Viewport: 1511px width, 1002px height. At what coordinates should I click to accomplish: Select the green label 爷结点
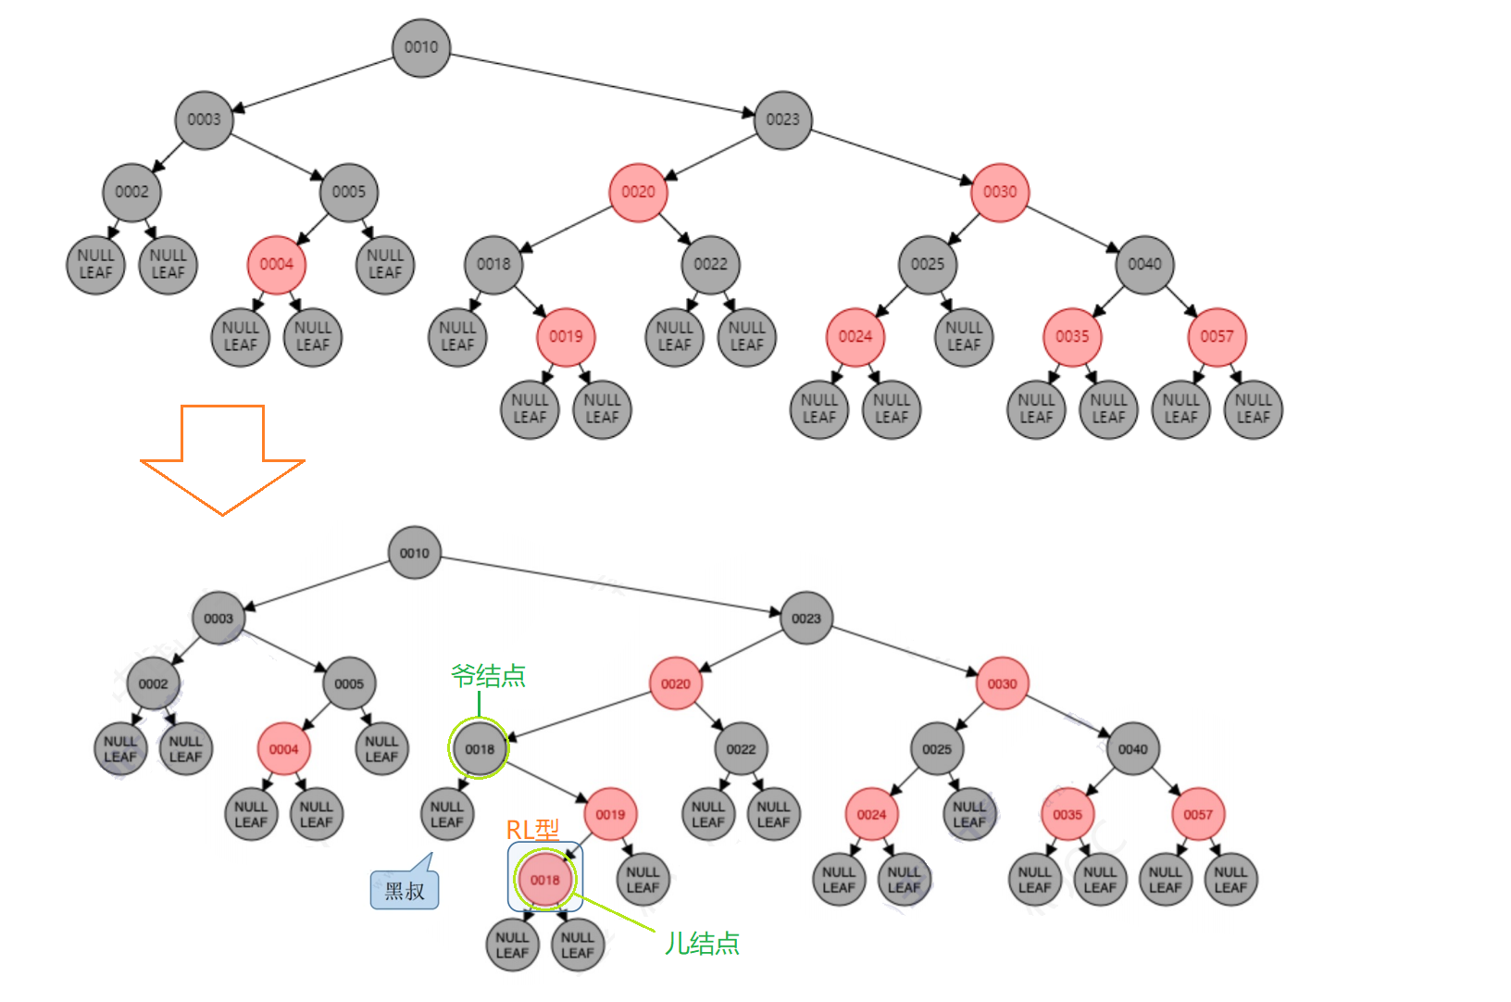tap(488, 676)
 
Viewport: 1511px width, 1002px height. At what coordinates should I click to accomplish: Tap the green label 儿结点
tap(702, 944)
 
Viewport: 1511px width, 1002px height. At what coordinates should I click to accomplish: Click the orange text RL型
tap(532, 830)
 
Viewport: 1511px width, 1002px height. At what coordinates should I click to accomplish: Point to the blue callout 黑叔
tap(405, 890)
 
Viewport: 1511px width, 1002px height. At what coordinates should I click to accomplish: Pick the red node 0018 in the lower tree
tap(545, 880)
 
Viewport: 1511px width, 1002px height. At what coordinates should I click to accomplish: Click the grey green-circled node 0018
tap(480, 749)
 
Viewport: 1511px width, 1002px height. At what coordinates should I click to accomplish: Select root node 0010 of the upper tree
tap(421, 47)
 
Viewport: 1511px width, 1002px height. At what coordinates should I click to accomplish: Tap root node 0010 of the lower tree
tap(415, 553)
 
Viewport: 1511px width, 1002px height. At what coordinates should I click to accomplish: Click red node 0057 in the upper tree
tap(1217, 336)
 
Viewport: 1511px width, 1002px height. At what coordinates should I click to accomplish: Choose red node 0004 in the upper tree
tap(276, 264)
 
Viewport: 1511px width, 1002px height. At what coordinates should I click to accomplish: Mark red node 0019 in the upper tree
tap(566, 336)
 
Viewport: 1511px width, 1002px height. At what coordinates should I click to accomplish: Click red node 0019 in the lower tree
tap(610, 815)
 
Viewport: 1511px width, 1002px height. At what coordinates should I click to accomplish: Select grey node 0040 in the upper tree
tap(1144, 264)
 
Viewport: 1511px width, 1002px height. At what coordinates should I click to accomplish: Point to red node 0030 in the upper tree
tap(1000, 192)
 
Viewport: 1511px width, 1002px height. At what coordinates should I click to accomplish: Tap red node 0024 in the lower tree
tap(871, 815)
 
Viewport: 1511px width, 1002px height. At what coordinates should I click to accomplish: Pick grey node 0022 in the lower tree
tap(741, 749)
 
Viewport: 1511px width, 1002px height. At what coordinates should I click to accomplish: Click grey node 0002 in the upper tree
tap(131, 192)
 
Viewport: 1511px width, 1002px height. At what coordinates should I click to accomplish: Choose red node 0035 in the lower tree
tap(1068, 815)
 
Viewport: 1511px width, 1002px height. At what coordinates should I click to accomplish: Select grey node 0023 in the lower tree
tap(806, 618)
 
